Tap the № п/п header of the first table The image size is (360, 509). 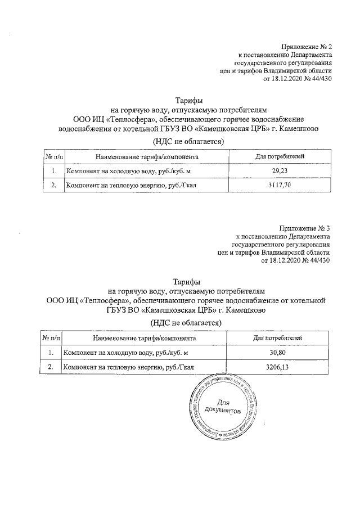54,155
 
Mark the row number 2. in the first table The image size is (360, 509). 53,184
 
